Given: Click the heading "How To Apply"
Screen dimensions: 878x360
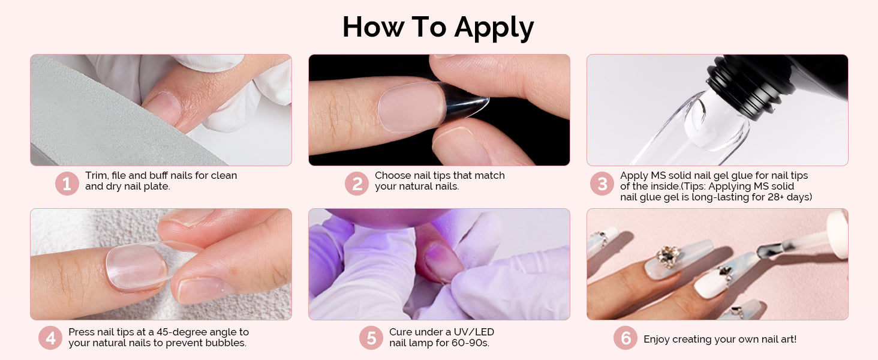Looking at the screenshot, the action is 438,28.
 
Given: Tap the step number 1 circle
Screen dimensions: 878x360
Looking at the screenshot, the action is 67,183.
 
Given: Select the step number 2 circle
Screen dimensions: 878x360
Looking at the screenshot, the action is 357,183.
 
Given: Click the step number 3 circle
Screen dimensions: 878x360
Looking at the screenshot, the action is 602,183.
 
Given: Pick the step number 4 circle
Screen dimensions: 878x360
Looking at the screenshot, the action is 50,338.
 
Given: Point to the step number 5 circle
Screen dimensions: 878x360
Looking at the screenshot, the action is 371,338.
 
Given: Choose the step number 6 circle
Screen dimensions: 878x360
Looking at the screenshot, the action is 626,338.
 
